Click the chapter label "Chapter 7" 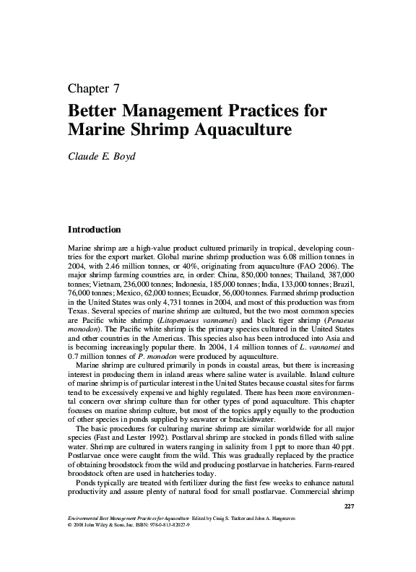93,90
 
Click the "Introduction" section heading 93,230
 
